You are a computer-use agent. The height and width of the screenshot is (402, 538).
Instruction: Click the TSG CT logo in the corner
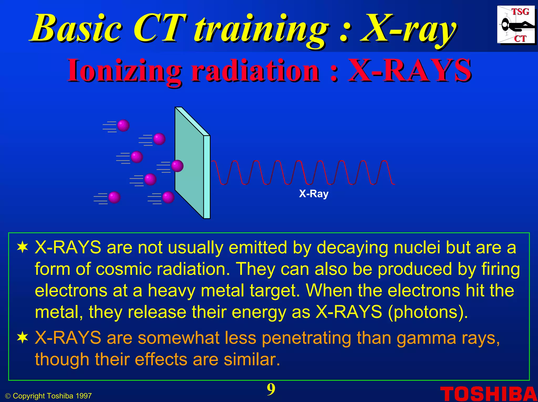pyautogui.click(x=516, y=25)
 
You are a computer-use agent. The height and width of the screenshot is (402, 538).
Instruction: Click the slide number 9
pyautogui.click(x=271, y=389)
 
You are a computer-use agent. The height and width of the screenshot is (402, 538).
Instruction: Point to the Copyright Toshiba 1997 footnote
pyautogui.click(x=49, y=396)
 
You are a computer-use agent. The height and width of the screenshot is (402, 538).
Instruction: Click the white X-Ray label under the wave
pyautogui.click(x=314, y=194)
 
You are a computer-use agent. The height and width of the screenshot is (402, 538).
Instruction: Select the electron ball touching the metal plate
pyautogui.click(x=177, y=166)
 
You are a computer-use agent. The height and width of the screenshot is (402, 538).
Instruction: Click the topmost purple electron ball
pyautogui.click(x=123, y=126)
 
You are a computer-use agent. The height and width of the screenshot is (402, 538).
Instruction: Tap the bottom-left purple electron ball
pyautogui.click(x=114, y=197)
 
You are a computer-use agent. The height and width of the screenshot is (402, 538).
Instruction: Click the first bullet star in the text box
pyautogui.click(x=23, y=248)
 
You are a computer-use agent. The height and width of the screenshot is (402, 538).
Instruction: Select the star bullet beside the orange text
pyautogui.click(x=23, y=338)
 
